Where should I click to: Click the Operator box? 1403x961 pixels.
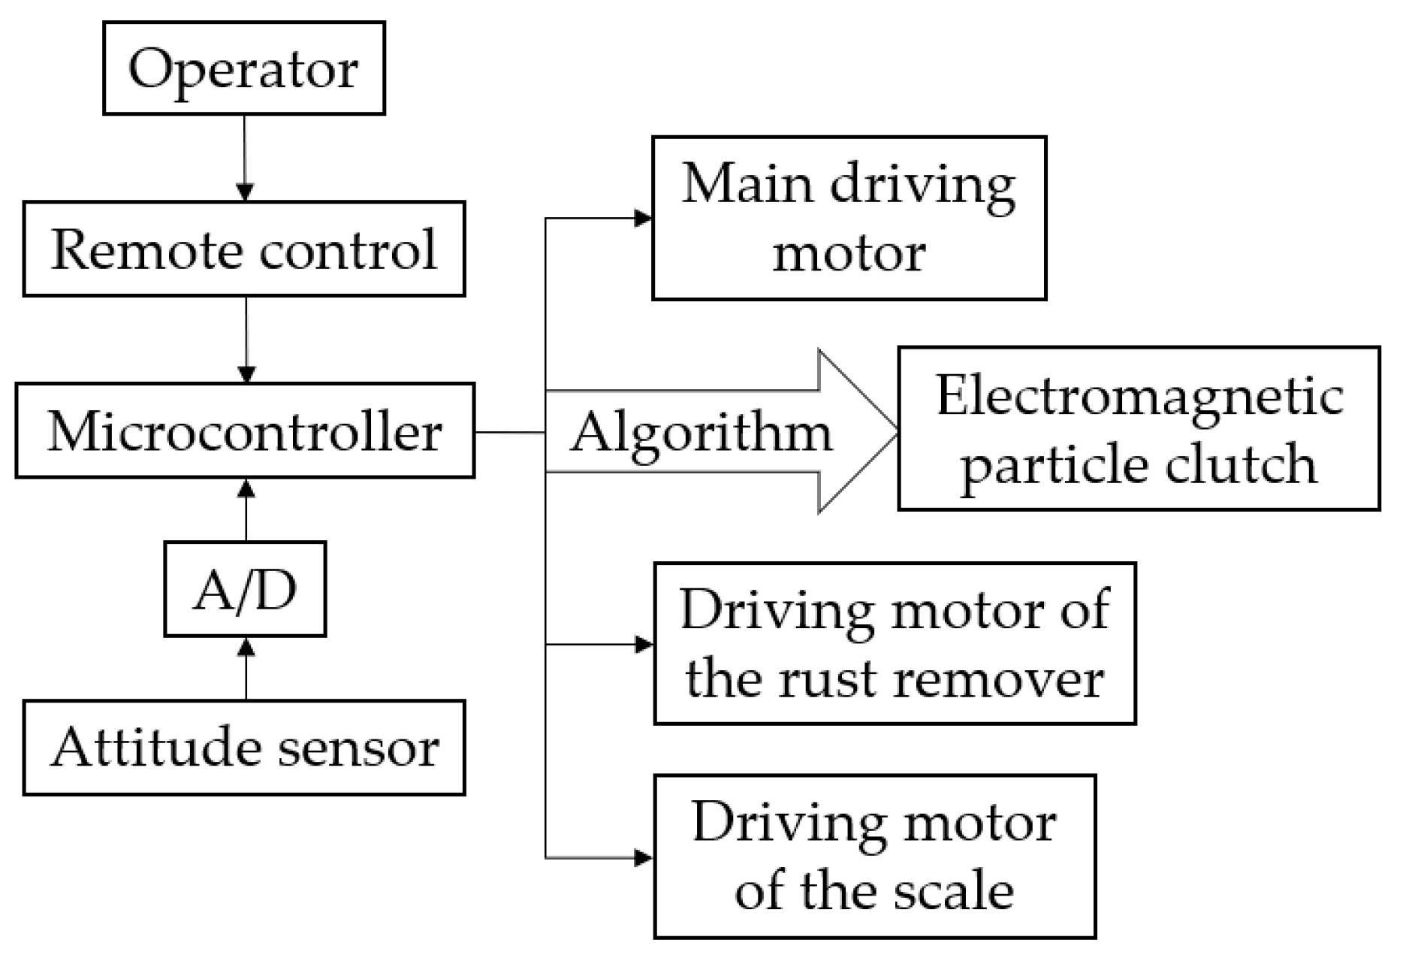tap(244, 68)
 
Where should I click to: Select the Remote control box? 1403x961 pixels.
tap(244, 249)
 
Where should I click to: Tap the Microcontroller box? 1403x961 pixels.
tap(245, 431)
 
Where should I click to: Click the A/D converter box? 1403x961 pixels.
tap(245, 589)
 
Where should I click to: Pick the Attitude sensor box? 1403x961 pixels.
tap(244, 748)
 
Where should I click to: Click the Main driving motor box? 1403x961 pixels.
tap(849, 218)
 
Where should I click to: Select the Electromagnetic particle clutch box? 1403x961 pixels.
tap(1139, 428)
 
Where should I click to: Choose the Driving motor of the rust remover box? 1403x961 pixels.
tap(895, 643)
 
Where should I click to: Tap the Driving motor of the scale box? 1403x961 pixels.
tap(875, 857)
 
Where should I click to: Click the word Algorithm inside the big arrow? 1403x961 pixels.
tap(701, 433)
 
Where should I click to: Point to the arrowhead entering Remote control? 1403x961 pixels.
tap(245, 192)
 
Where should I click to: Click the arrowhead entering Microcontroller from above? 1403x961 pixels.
tap(246, 374)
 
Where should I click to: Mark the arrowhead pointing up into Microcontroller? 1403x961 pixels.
tap(246, 488)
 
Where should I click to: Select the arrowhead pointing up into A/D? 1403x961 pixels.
tap(246, 646)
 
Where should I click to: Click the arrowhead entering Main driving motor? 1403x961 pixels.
tap(643, 219)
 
